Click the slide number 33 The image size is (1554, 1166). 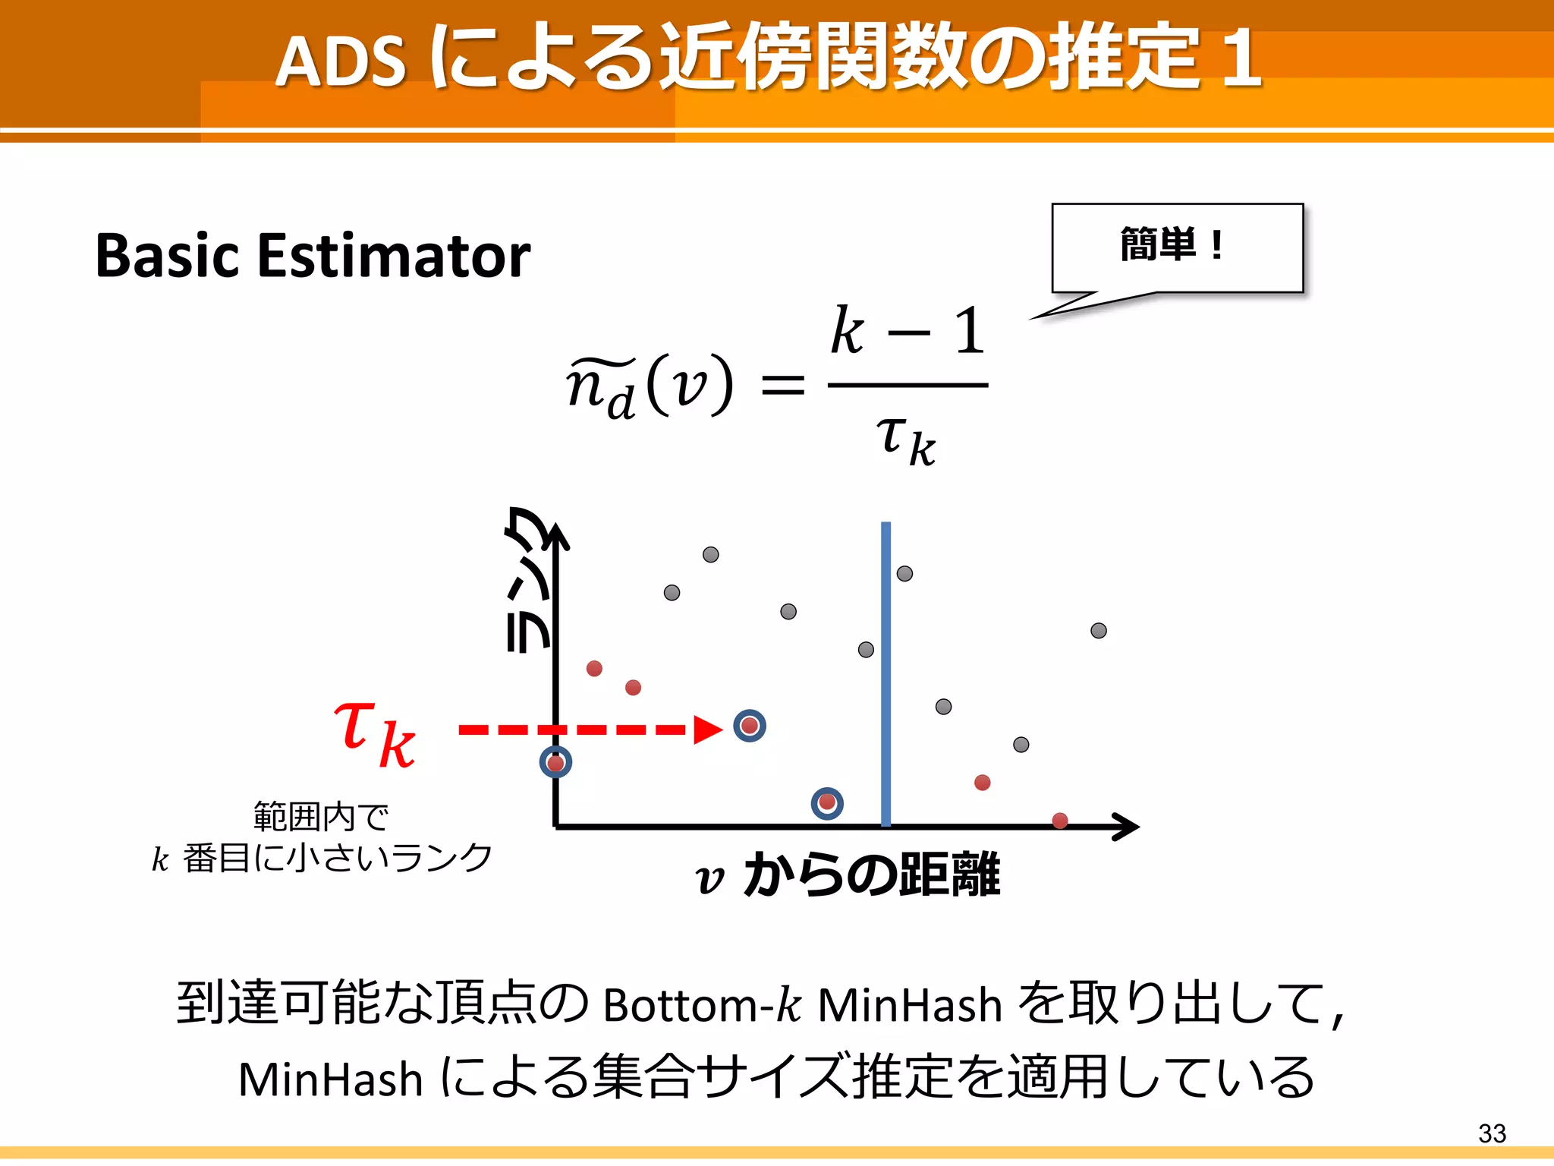pos(1491,1133)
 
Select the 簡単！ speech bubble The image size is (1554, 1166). pos(1176,247)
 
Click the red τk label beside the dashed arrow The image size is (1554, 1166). pos(375,732)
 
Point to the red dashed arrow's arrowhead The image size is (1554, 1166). pos(709,730)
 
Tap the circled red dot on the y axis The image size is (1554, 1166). pos(555,762)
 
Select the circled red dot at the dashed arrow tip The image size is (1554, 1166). pos(750,726)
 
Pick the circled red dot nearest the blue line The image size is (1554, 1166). pos(827,802)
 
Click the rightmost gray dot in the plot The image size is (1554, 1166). pos(1098,630)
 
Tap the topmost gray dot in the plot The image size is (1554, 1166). pos(710,554)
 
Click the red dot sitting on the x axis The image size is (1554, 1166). pos(1060,820)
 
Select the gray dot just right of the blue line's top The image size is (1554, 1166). pos(904,573)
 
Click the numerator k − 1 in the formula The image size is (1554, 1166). pos(908,332)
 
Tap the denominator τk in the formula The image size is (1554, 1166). pos(906,440)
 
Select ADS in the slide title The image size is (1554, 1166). pos(341,61)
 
